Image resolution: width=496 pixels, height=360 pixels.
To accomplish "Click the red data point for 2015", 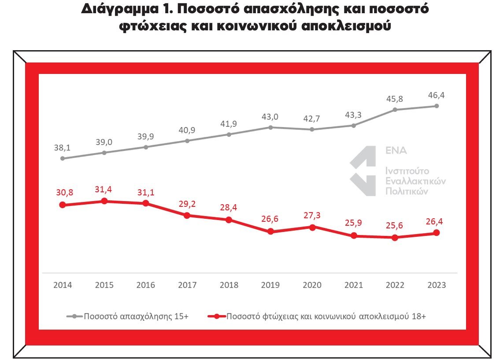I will (x=104, y=201).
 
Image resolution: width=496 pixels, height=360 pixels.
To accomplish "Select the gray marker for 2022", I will (x=395, y=110).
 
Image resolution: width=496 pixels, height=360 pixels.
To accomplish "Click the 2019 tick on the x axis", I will (x=270, y=285).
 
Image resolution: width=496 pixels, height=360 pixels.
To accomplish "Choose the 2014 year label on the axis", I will (x=63, y=285).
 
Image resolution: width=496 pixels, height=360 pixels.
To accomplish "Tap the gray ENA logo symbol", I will (x=363, y=171).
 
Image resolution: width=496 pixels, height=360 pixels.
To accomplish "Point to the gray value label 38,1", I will (x=63, y=147).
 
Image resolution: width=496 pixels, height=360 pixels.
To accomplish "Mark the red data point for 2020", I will (x=312, y=228).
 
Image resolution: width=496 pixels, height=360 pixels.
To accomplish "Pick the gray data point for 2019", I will (x=270, y=127).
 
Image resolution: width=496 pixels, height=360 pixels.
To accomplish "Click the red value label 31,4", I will (x=104, y=188).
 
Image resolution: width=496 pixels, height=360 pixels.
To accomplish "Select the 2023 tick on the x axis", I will (x=437, y=285).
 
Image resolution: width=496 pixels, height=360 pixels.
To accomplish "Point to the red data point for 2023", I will (x=437, y=233).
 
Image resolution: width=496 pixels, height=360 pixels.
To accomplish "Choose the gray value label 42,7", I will (x=312, y=118).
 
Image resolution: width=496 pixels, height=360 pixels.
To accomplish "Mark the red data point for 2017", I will (x=187, y=216).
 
